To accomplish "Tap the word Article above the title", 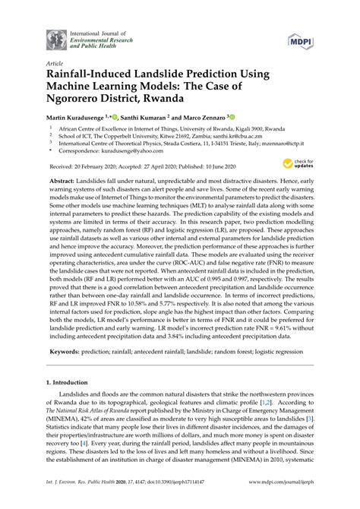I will click(x=55, y=65).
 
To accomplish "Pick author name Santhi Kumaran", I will click(x=161, y=119).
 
